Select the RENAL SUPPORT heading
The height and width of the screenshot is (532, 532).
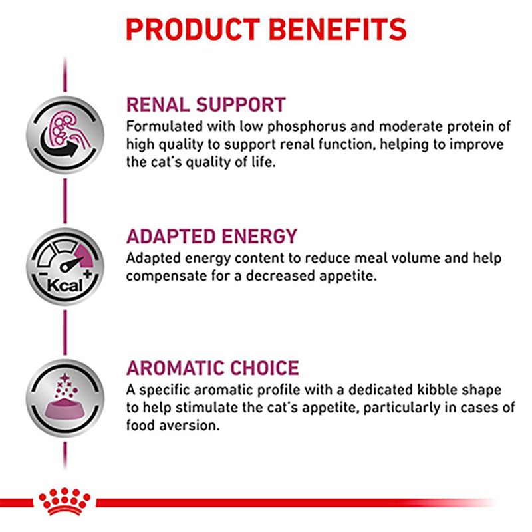205,105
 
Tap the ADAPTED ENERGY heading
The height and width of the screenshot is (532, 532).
211,237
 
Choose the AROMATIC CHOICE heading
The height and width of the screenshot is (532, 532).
213,368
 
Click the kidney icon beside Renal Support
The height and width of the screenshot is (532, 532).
65,127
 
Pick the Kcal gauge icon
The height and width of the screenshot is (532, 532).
65,259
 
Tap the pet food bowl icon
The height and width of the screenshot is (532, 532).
65,392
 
